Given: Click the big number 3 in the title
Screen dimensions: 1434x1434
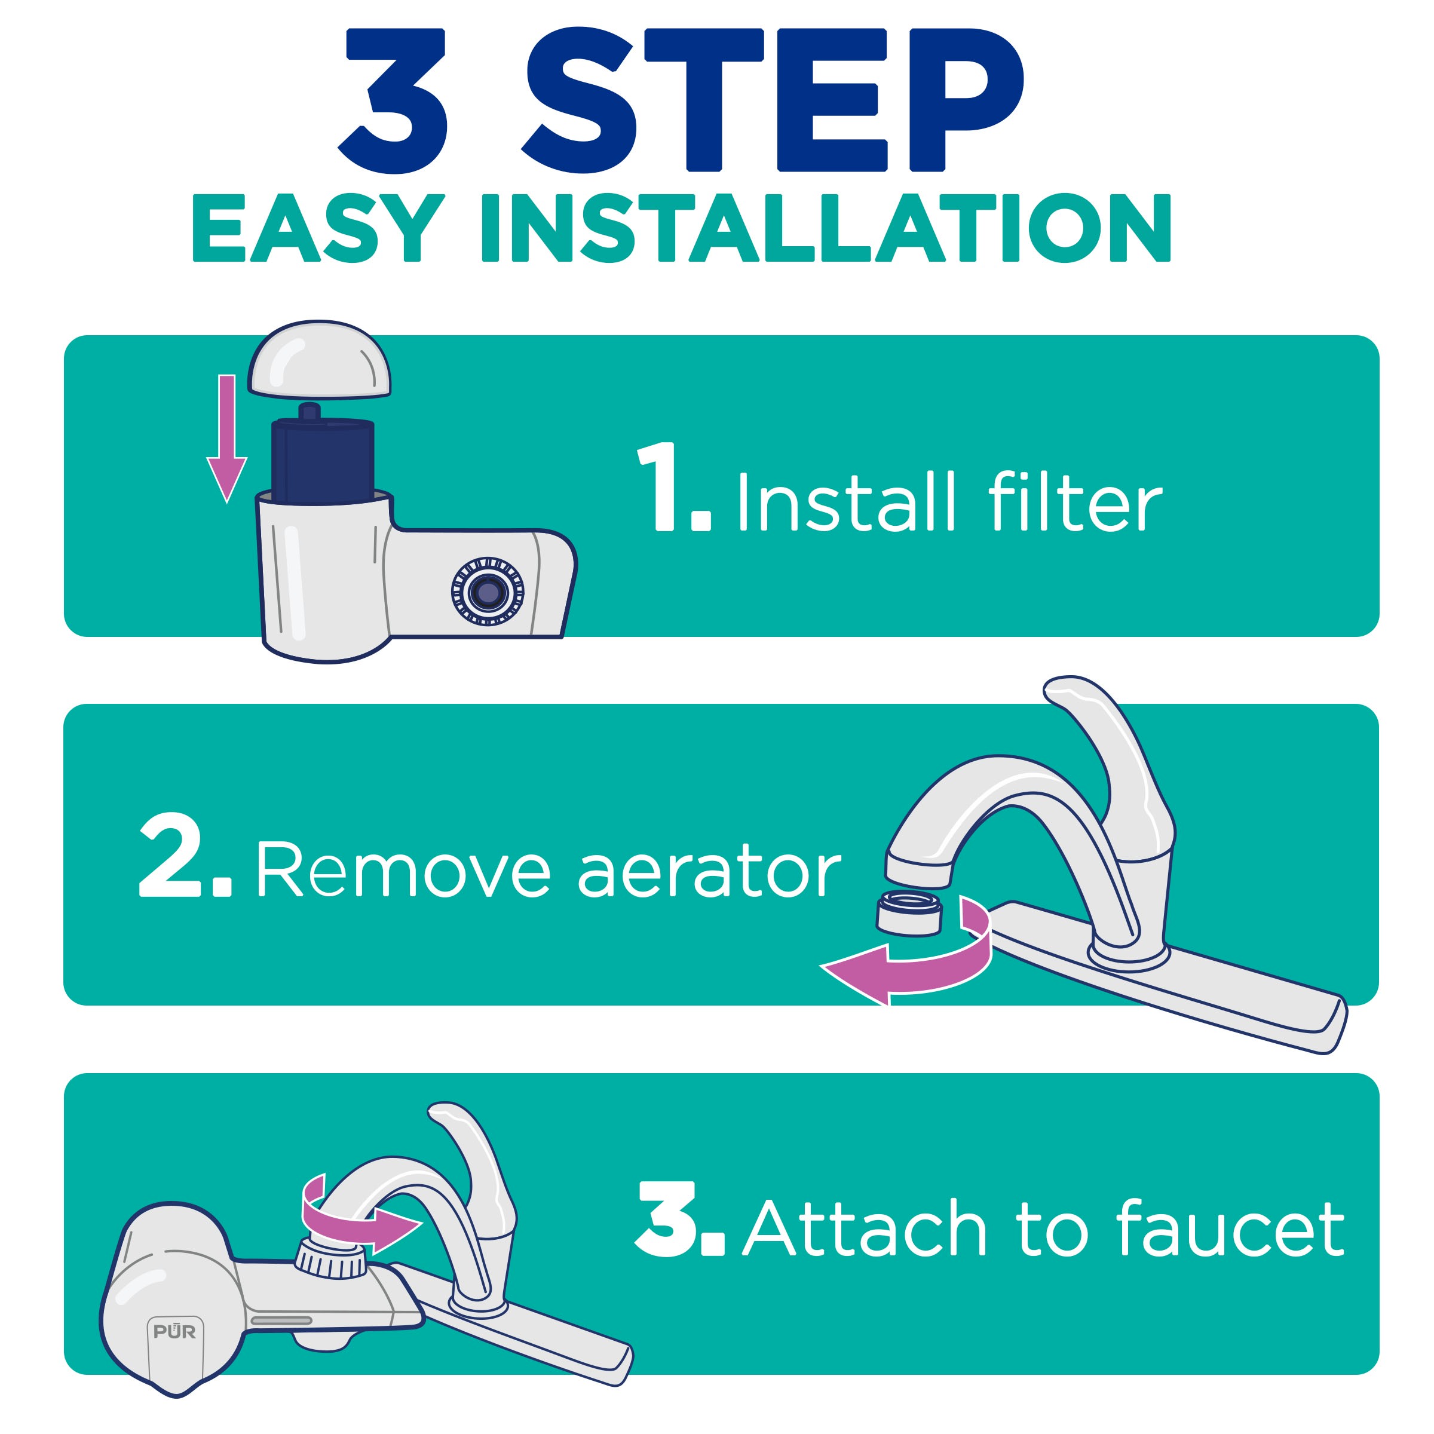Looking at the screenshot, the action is click(x=393, y=100).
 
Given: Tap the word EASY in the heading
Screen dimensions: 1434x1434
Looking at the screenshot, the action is click(x=318, y=228).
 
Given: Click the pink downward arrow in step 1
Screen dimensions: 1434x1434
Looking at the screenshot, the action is click(x=226, y=438).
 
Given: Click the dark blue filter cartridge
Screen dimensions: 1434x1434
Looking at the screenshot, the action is click(x=323, y=456).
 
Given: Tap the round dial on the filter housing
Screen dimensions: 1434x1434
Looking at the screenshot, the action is click(x=488, y=591).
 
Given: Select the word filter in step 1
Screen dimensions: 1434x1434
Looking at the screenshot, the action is click(x=1075, y=501).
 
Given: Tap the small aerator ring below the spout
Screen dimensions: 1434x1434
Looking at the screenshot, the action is click(x=908, y=913).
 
